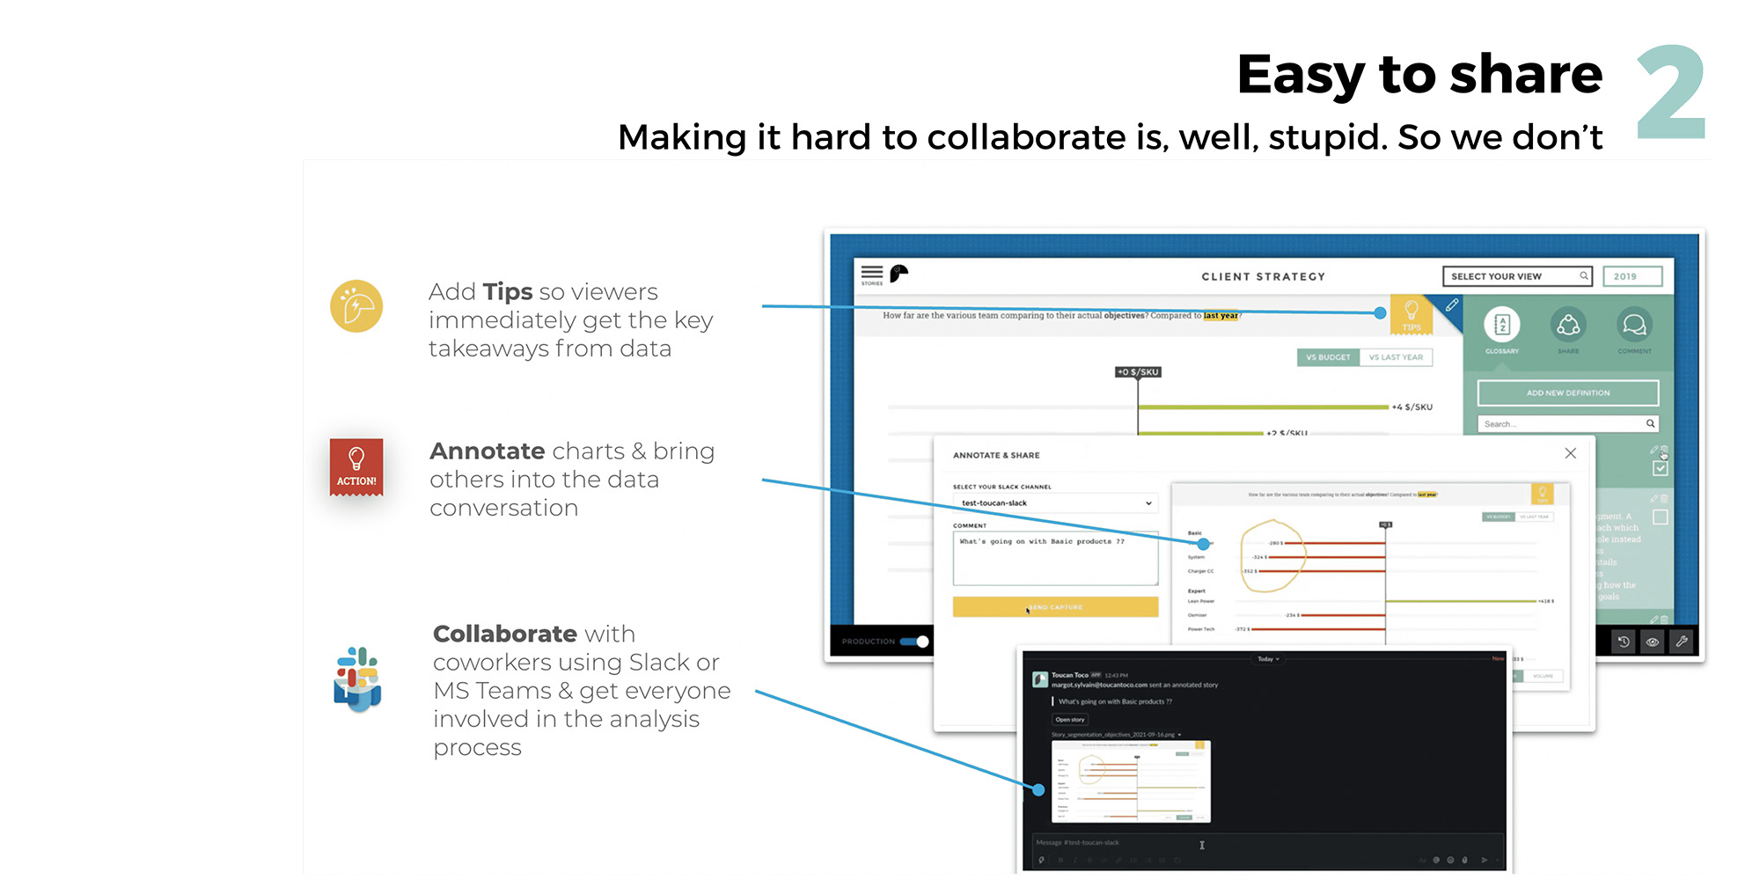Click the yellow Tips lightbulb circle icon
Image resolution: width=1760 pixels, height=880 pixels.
[356, 306]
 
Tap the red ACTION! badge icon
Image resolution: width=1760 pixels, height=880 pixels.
[356, 466]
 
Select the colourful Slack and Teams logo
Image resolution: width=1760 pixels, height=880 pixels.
[357, 678]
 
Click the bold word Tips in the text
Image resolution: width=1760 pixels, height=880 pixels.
[507, 291]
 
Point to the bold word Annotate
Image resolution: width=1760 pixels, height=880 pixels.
[487, 451]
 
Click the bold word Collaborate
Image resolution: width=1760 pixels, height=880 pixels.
[504, 634]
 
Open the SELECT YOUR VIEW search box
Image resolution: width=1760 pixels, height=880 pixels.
[1517, 276]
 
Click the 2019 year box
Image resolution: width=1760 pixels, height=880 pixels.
[1632, 276]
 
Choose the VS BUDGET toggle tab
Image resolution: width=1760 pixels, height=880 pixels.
[1327, 357]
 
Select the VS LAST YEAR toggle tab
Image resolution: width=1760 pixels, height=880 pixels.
[1396, 357]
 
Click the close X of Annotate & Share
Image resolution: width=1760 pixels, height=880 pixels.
[1570, 453]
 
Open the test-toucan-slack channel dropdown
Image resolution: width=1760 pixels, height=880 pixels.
[1055, 503]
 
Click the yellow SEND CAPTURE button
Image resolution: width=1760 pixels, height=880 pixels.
[1055, 607]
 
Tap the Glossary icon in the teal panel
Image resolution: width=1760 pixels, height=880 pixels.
[1501, 326]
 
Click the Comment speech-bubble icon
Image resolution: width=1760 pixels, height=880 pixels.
[1634, 326]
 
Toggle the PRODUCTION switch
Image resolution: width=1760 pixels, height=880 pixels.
[914, 642]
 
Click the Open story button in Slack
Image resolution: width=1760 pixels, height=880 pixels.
[1070, 720]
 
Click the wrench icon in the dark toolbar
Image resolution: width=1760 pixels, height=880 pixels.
[1681, 642]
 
